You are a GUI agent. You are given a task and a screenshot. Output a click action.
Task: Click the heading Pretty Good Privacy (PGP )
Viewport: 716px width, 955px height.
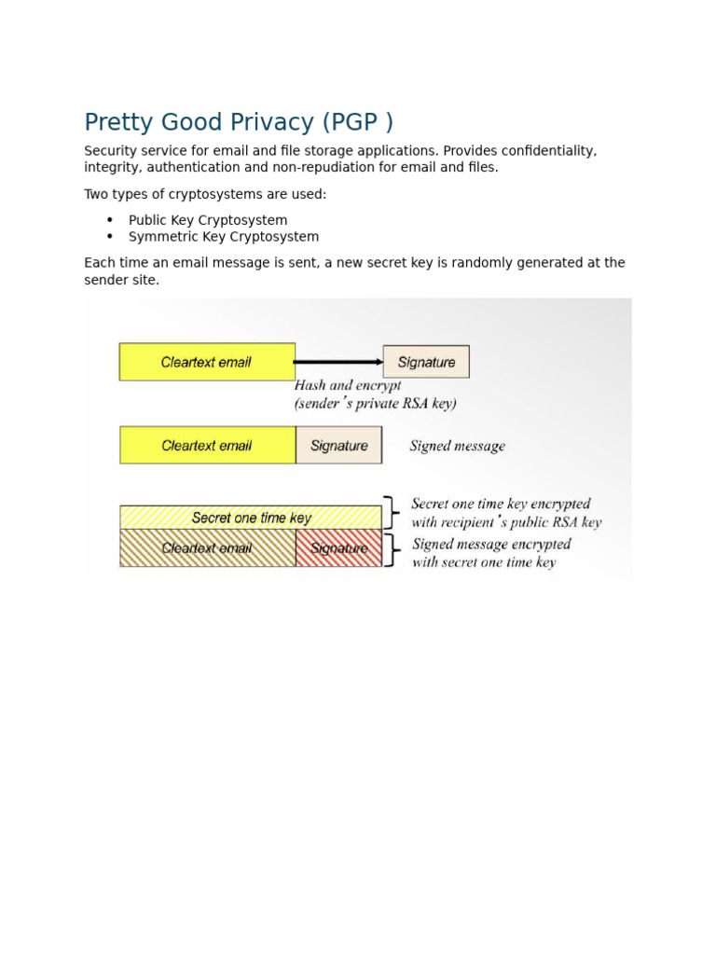coord(239,123)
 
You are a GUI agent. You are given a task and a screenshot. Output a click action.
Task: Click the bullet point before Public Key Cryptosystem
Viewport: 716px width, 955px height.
coord(110,220)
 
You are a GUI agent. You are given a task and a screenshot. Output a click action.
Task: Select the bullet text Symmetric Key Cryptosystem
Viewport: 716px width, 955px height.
coord(224,237)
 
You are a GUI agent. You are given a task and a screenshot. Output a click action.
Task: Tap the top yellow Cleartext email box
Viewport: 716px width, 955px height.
coord(207,362)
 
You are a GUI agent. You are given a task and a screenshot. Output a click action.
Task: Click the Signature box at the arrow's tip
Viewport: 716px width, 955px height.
coord(426,362)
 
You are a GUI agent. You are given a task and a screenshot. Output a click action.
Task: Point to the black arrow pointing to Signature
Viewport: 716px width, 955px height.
coord(339,362)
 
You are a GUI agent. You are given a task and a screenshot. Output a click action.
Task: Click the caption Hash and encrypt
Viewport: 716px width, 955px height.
coord(348,385)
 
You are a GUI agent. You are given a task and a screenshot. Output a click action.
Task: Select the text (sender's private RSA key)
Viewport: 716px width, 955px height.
coord(376,404)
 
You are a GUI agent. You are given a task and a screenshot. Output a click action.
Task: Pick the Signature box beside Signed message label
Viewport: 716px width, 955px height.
coord(339,446)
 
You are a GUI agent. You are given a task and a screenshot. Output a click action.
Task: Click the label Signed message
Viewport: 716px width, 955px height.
coord(458,447)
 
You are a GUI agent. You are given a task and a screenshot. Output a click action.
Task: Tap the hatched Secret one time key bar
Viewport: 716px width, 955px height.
coord(251,518)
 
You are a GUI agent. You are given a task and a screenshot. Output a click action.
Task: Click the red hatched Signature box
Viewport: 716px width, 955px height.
coord(339,548)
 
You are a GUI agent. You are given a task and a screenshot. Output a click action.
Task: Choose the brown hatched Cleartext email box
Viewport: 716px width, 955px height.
coord(207,548)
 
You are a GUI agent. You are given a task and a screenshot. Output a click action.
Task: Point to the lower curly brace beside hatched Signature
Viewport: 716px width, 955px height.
coord(394,550)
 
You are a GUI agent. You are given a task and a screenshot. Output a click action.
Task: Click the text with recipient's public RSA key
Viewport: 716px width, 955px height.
coord(506,523)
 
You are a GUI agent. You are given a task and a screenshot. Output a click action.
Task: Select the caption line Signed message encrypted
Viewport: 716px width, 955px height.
coord(491,544)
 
